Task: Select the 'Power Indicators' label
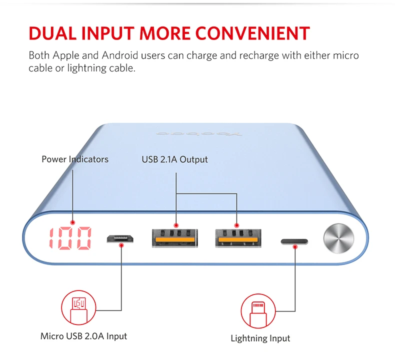point(75,159)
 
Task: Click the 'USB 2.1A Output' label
point(174,159)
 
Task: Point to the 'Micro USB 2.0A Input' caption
point(84,336)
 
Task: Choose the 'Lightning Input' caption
point(260,338)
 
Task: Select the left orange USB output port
point(175,238)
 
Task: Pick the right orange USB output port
point(236,238)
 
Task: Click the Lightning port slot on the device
point(294,242)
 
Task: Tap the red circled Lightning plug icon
point(258,310)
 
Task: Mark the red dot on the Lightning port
point(294,245)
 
